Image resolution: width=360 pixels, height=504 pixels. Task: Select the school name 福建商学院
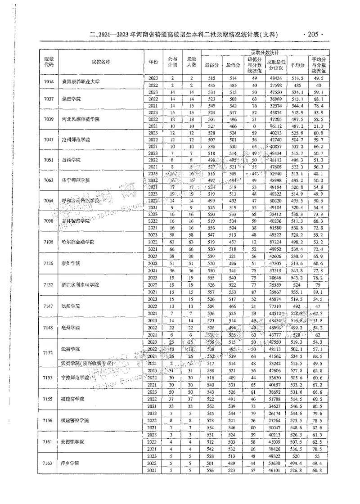(x=72, y=399)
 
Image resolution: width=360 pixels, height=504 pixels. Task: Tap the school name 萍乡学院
(x=70, y=463)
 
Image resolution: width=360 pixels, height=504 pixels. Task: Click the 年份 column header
(x=153, y=61)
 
